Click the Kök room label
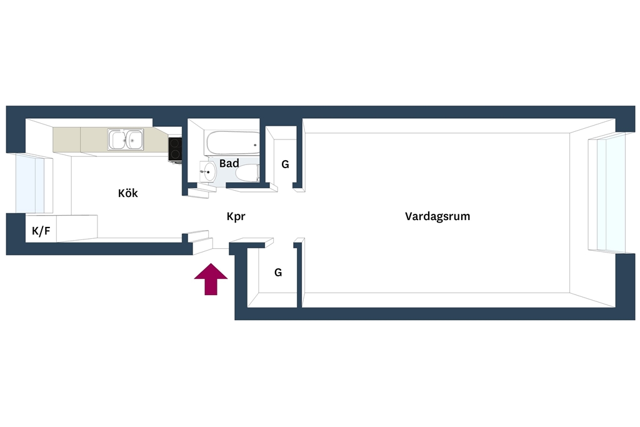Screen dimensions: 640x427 pyautogui.click(x=127, y=193)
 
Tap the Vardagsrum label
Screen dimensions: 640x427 pyautogui.click(x=437, y=216)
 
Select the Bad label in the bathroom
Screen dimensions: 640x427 pyautogui.click(x=229, y=163)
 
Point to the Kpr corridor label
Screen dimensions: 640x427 pyautogui.click(x=236, y=216)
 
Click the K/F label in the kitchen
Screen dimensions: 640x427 pyautogui.click(x=41, y=231)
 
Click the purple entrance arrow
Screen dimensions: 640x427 pyautogui.click(x=211, y=279)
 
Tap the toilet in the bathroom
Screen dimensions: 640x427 pyautogui.click(x=247, y=173)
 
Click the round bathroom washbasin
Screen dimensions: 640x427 pyautogui.click(x=209, y=171)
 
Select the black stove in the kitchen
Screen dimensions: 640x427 pyautogui.click(x=175, y=149)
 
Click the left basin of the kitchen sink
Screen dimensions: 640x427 pyautogui.click(x=117, y=139)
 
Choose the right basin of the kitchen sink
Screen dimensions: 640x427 pyautogui.click(x=134, y=139)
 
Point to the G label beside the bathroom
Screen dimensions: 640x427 pyautogui.click(x=285, y=164)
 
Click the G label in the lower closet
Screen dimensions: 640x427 pyautogui.click(x=278, y=273)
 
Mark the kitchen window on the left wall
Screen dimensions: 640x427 pyautogui.click(x=30, y=183)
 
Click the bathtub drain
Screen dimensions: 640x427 pyautogui.click(x=255, y=145)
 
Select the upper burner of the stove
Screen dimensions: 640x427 pyautogui.click(x=175, y=143)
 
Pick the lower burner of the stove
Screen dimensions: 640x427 pyautogui.click(x=175, y=154)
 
